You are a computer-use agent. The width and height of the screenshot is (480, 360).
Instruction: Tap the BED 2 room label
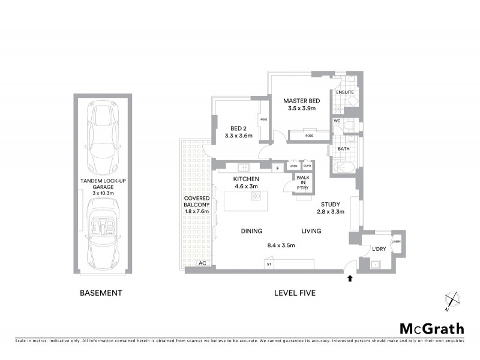click(x=238, y=128)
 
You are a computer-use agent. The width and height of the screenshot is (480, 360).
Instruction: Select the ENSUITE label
click(x=344, y=92)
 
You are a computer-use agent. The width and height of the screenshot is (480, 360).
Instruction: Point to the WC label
click(x=337, y=121)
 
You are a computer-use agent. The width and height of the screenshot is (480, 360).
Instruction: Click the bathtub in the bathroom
click(x=344, y=167)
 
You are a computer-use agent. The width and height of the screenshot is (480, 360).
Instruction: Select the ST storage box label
click(x=269, y=264)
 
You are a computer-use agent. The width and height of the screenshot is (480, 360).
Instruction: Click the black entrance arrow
click(x=350, y=278)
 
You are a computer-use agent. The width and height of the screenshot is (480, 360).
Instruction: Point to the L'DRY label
click(x=378, y=248)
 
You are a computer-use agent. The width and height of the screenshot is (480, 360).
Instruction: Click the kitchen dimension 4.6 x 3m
click(x=246, y=187)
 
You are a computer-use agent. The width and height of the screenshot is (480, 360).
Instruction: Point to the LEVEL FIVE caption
click(x=295, y=293)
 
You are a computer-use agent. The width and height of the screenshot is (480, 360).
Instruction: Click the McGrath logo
click(x=431, y=328)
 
